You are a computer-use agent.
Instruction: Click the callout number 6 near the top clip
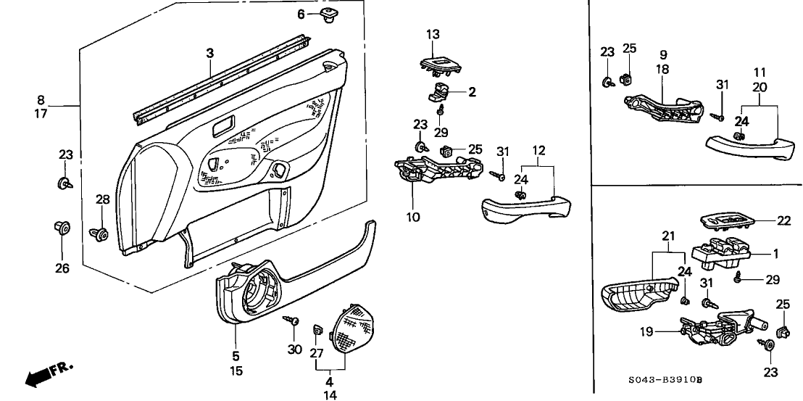pyautogui.click(x=301, y=15)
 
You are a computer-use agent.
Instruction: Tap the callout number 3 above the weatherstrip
pyautogui.click(x=209, y=53)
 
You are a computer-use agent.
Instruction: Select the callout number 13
pyautogui.click(x=432, y=34)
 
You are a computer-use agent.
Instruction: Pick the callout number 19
pyautogui.click(x=646, y=332)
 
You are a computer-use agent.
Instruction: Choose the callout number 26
pyautogui.click(x=62, y=268)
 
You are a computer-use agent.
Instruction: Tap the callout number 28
pyautogui.click(x=102, y=199)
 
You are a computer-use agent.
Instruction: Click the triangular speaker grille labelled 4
pyautogui.click(x=352, y=328)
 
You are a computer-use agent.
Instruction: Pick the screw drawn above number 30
pyautogui.click(x=292, y=319)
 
